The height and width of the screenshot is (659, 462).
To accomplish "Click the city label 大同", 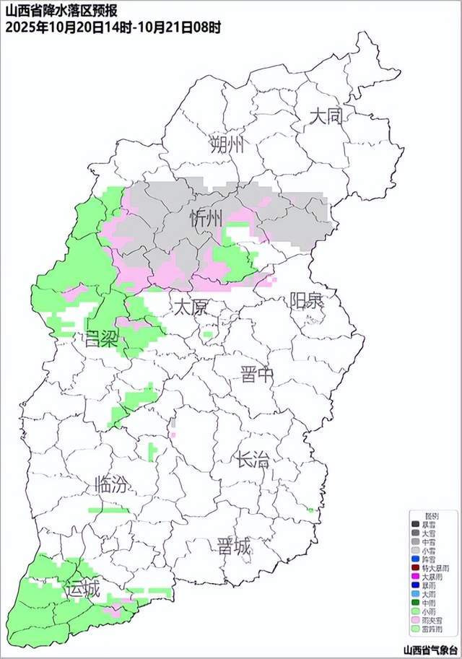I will (325, 115).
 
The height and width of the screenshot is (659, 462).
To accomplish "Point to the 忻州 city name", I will (206, 219).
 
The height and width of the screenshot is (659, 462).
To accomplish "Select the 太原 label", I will (191, 307).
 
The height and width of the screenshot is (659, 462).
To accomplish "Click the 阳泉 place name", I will (307, 300).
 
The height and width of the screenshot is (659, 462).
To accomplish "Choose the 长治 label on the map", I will (253, 460).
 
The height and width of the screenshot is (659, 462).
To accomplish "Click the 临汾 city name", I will (113, 484).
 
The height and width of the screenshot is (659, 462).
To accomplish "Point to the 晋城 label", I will (234, 547).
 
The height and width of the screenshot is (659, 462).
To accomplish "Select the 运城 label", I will (82, 589).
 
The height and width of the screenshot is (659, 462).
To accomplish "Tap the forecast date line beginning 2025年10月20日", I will (113, 27).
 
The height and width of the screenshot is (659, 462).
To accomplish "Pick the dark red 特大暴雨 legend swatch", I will (415, 568).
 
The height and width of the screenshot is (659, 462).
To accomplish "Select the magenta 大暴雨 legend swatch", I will (415, 577).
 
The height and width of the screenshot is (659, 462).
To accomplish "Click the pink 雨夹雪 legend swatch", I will (415, 619).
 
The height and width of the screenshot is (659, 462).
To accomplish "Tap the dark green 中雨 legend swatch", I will (415, 602).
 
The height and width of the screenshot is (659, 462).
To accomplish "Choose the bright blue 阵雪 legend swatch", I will (415, 559).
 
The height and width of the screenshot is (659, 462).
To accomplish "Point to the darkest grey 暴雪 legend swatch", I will (415, 525).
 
